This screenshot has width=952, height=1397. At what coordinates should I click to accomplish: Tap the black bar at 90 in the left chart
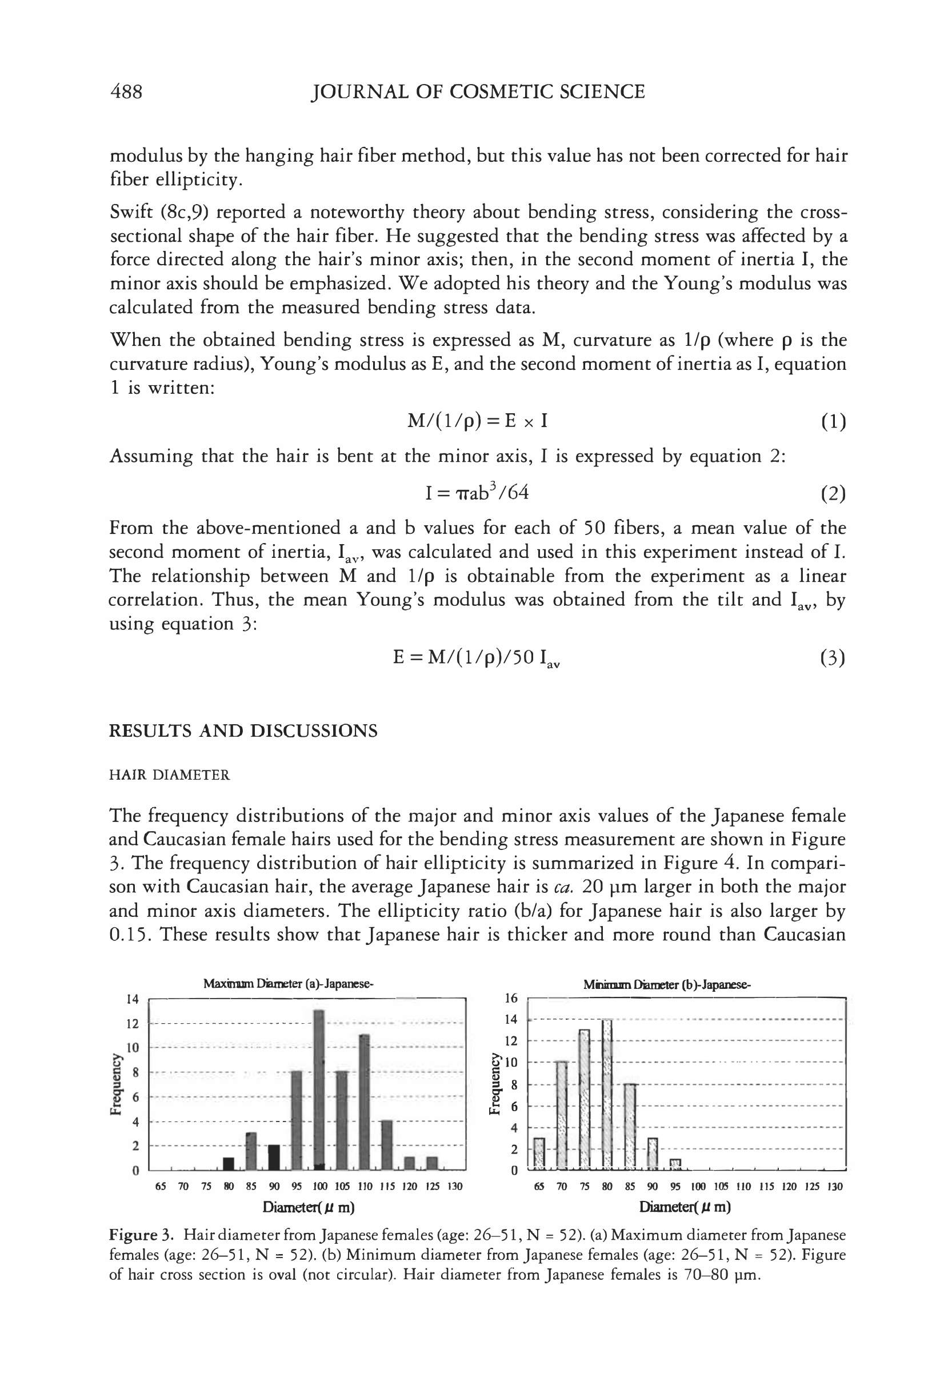pos(274,1157)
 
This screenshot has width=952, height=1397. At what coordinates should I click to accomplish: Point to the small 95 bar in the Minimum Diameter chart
pos(675,1164)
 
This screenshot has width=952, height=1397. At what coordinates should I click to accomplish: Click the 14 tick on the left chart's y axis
pos(132,1000)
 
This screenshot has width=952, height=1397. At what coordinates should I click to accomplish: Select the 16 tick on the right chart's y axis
pos(511,999)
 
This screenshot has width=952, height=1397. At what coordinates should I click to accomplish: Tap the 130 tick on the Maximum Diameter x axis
pos(455,1187)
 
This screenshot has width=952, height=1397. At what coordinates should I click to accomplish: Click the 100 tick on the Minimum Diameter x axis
pos(698,1187)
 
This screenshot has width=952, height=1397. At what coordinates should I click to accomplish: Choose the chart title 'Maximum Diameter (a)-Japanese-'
pos(289,984)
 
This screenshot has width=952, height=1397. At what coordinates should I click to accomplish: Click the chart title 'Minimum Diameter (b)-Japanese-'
pos(667,985)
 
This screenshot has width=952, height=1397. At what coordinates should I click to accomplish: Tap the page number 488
pos(126,91)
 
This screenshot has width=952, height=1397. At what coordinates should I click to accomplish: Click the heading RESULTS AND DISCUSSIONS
pos(243,731)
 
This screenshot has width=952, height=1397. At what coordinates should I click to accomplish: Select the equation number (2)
pos(833,494)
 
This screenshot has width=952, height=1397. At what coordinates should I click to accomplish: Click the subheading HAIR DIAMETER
pos(170,775)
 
